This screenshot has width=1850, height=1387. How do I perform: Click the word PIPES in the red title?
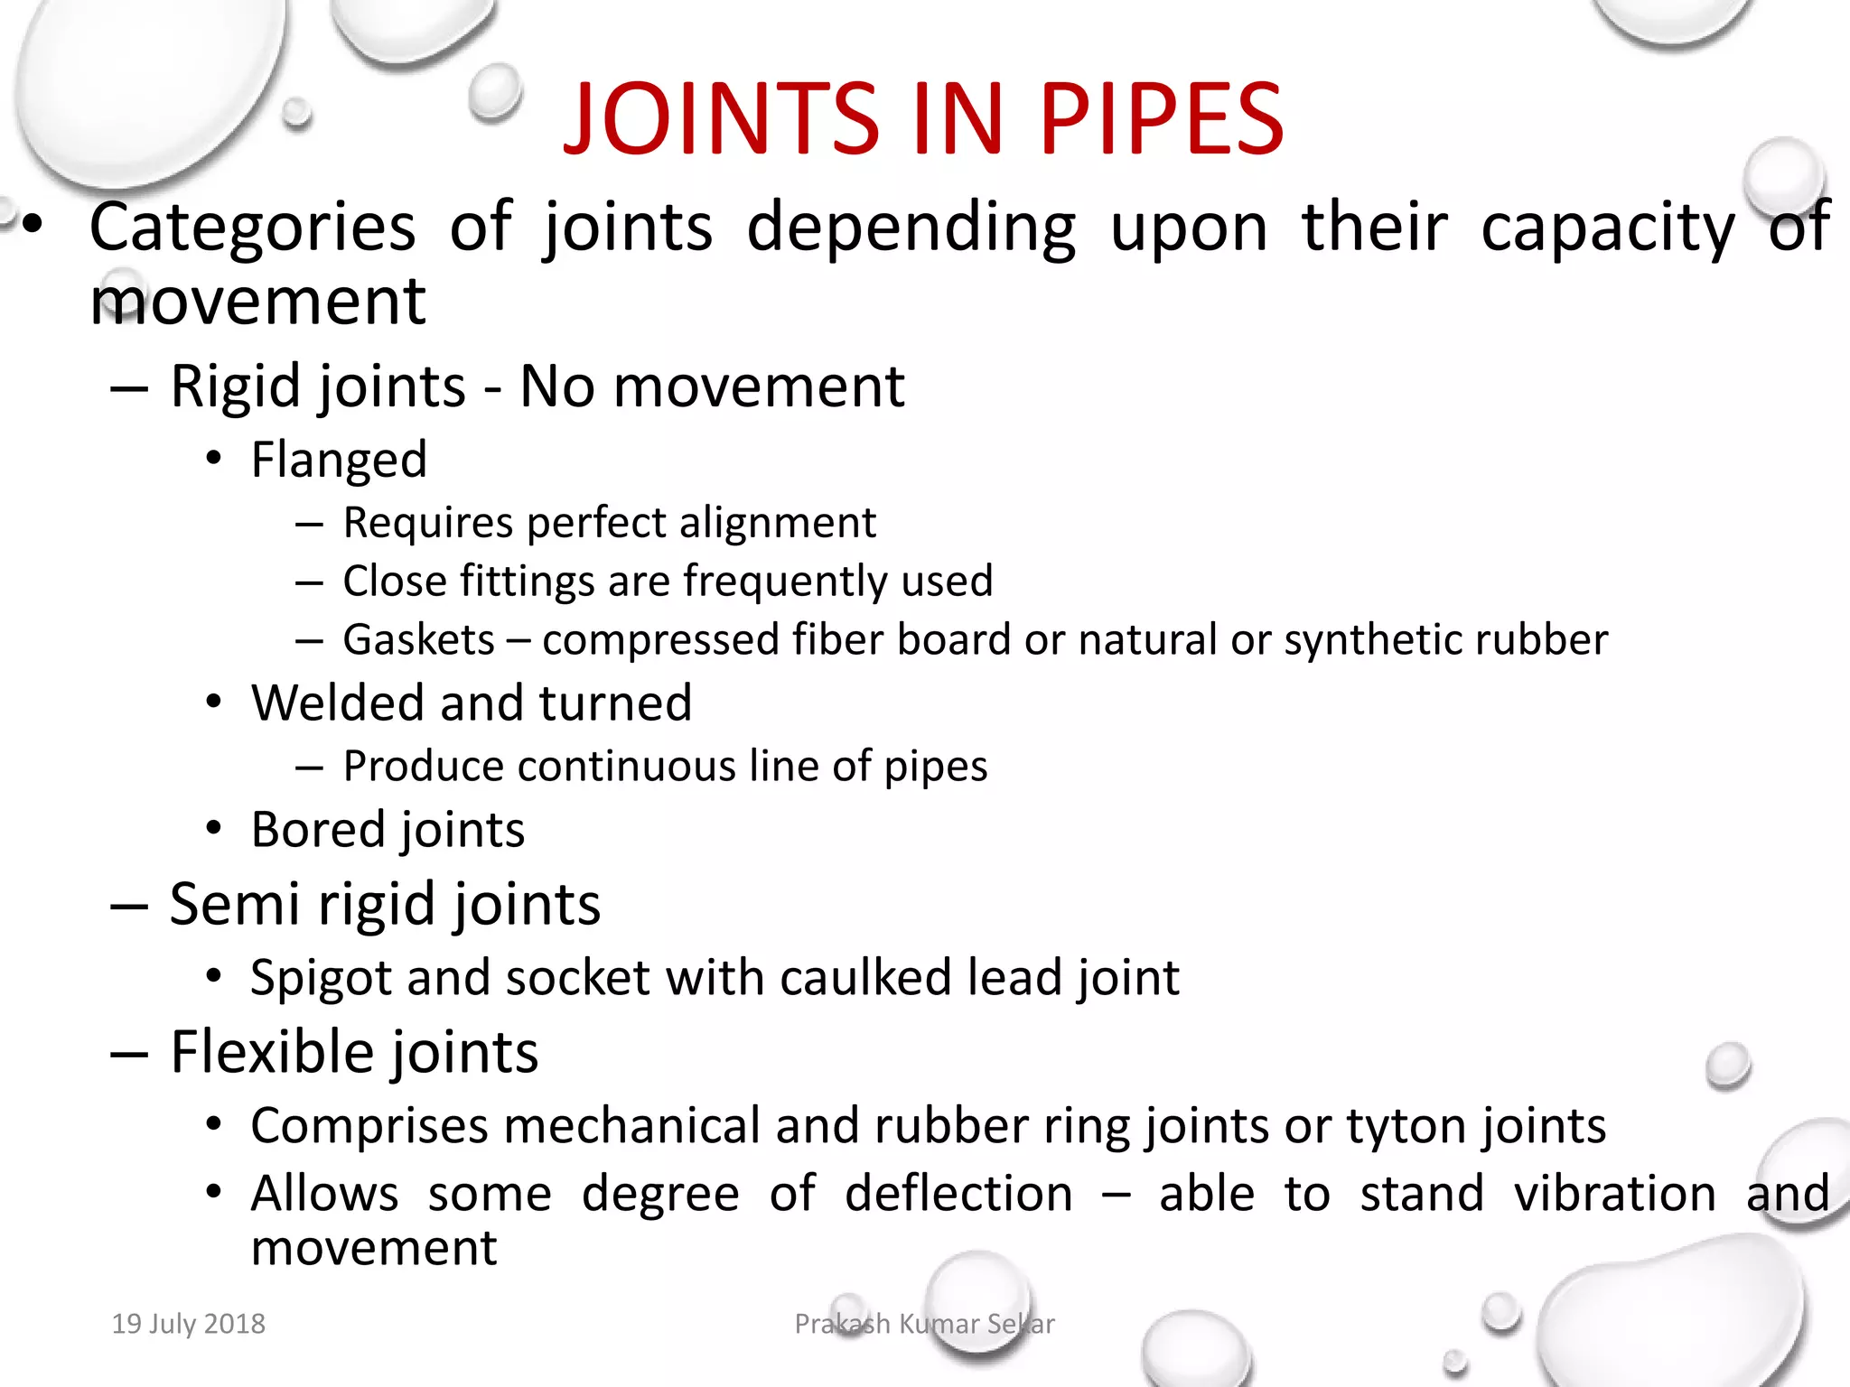[1162, 119]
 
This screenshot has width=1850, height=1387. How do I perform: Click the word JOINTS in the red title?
[721, 119]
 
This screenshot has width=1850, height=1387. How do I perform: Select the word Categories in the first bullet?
[253, 228]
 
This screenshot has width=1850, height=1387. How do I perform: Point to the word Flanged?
[339, 460]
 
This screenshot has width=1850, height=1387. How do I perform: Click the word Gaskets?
[419, 640]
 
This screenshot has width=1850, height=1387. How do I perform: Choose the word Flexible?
[270, 1052]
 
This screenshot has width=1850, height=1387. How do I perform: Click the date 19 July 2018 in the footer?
[189, 1324]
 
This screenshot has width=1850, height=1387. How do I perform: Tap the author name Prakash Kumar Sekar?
[924, 1324]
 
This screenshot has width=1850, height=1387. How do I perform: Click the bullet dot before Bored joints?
[213, 828]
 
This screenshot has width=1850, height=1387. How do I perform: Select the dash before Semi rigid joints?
[129, 906]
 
